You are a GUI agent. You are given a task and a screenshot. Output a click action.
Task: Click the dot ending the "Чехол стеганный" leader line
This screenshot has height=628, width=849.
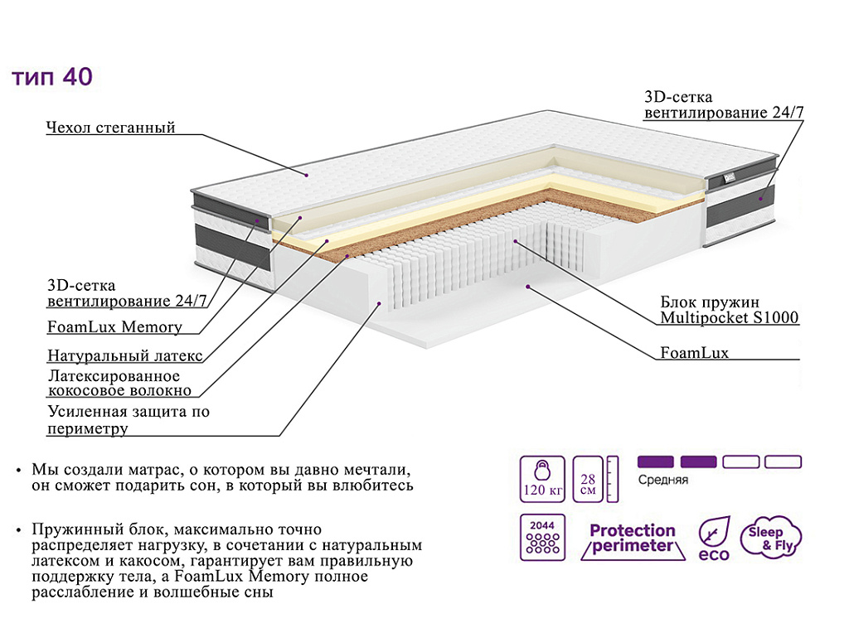tap(307, 175)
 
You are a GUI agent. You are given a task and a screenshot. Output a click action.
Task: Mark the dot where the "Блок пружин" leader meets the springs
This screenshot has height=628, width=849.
tap(516, 241)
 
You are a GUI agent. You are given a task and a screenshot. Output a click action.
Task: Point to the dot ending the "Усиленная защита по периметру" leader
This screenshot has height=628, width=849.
tap(380, 303)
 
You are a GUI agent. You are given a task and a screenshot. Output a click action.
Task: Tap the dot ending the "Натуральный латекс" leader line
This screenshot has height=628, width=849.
tap(327, 241)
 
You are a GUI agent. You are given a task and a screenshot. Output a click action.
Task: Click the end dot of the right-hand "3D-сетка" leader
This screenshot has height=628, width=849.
tap(761, 199)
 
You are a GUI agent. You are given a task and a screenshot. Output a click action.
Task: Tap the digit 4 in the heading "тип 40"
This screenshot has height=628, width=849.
tap(70, 77)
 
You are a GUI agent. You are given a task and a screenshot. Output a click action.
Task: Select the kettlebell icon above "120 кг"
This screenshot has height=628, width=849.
tap(542, 470)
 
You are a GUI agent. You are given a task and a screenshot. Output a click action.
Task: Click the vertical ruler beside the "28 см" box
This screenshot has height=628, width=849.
tap(613, 479)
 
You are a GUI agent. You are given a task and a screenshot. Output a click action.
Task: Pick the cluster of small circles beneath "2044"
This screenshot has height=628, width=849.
tap(542, 543)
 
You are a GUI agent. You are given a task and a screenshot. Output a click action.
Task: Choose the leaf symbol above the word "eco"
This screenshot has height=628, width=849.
tap(714, 531)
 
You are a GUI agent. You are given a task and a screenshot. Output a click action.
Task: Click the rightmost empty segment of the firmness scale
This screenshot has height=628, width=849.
tap(783, 462)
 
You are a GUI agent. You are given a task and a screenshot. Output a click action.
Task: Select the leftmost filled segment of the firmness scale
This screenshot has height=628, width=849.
tap(656, 462)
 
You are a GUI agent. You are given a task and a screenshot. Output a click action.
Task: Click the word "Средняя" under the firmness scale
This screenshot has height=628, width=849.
tap(662, 480)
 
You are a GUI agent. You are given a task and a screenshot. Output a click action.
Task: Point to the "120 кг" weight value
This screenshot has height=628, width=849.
tap(542, 490)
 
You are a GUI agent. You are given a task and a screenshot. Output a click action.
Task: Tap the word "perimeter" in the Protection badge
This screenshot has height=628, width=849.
tap(633, 546)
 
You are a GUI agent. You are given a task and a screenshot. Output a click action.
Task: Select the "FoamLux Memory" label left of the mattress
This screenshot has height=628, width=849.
tap(114, 326)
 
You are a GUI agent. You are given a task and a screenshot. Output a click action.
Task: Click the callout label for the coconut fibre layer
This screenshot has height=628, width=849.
tap(119, 383)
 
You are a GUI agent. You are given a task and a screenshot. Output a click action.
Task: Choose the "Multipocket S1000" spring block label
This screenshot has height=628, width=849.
tap(730, 317)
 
